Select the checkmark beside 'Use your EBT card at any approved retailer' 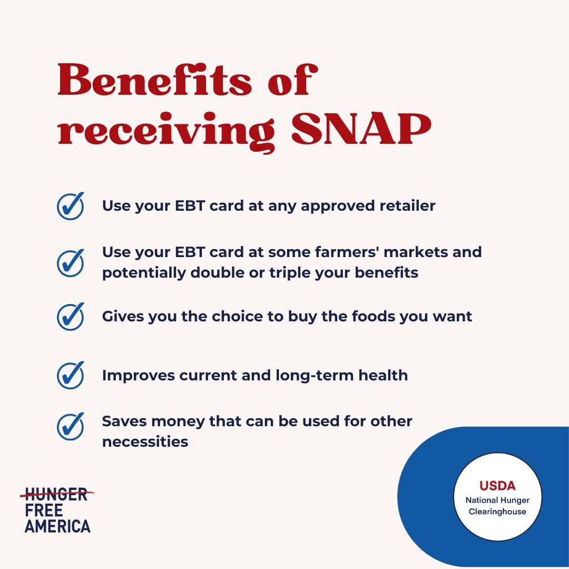point(71,205)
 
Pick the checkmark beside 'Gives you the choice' point(71,316)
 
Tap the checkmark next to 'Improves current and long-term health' point(71,375)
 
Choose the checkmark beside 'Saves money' point(71,426)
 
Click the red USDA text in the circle point(497,485)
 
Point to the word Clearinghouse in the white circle point(497,512)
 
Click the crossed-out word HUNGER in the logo point(56,495)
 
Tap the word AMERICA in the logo point(57,525)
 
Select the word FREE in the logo point(44,510)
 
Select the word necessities point(145,442)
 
